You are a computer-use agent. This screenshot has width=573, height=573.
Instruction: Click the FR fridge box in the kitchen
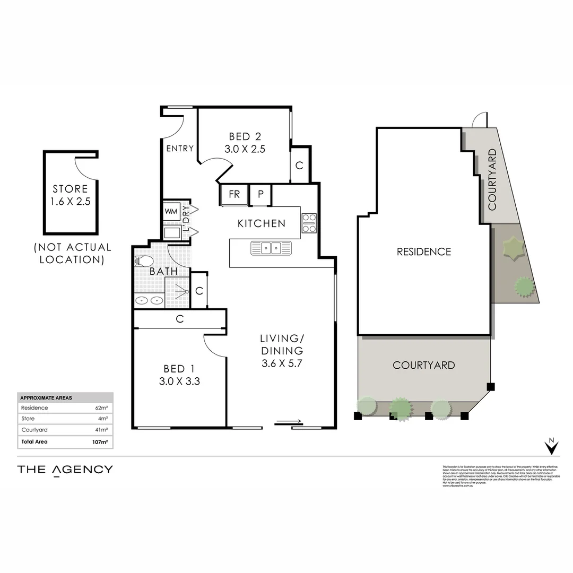(234, 195)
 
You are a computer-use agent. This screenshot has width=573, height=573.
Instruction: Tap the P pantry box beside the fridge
(261, 195)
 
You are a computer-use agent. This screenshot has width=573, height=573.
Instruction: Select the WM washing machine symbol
(171, 212)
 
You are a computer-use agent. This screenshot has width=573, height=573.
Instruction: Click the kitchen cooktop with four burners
(309, 223)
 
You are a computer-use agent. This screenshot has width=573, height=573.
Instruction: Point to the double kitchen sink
(271, 248)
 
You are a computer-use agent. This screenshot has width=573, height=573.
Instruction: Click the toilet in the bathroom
(144, 262)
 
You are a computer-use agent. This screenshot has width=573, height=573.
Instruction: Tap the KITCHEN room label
(261, 223)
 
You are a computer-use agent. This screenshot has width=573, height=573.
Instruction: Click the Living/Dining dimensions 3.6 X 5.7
(281, 364)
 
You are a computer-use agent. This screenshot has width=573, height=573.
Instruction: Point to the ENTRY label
(180, 149)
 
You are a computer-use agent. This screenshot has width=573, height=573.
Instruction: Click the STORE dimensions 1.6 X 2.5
(70, 201)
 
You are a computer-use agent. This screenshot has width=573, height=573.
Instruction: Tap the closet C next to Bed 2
(299, 166)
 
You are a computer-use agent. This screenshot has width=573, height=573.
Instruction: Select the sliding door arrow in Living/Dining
(289, 422)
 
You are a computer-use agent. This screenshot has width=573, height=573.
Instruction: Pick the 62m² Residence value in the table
(101, 408)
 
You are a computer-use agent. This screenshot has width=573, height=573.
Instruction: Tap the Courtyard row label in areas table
(34, 430)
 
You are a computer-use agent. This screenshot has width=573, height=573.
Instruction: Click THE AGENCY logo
(65, 470)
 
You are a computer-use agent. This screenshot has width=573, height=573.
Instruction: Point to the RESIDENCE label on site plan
(424, 251)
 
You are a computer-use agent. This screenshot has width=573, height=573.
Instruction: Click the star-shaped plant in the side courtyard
(513, 248)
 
